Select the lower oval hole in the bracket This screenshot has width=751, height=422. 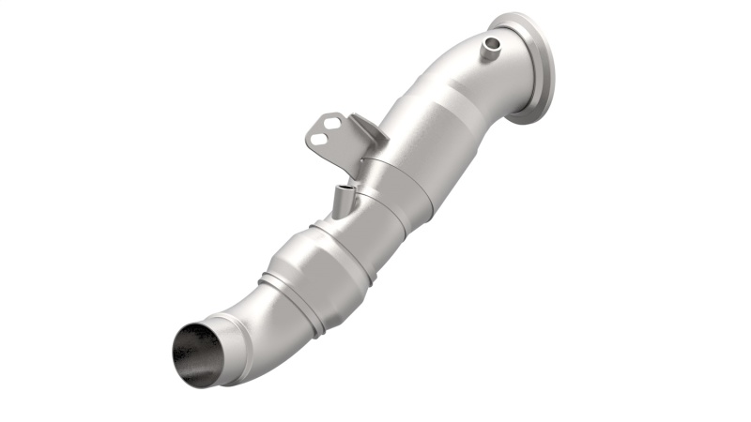click(321, 142)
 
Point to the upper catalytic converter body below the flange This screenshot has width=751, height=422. click(427, 141)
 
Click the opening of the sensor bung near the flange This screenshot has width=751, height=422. click(490, 41)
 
